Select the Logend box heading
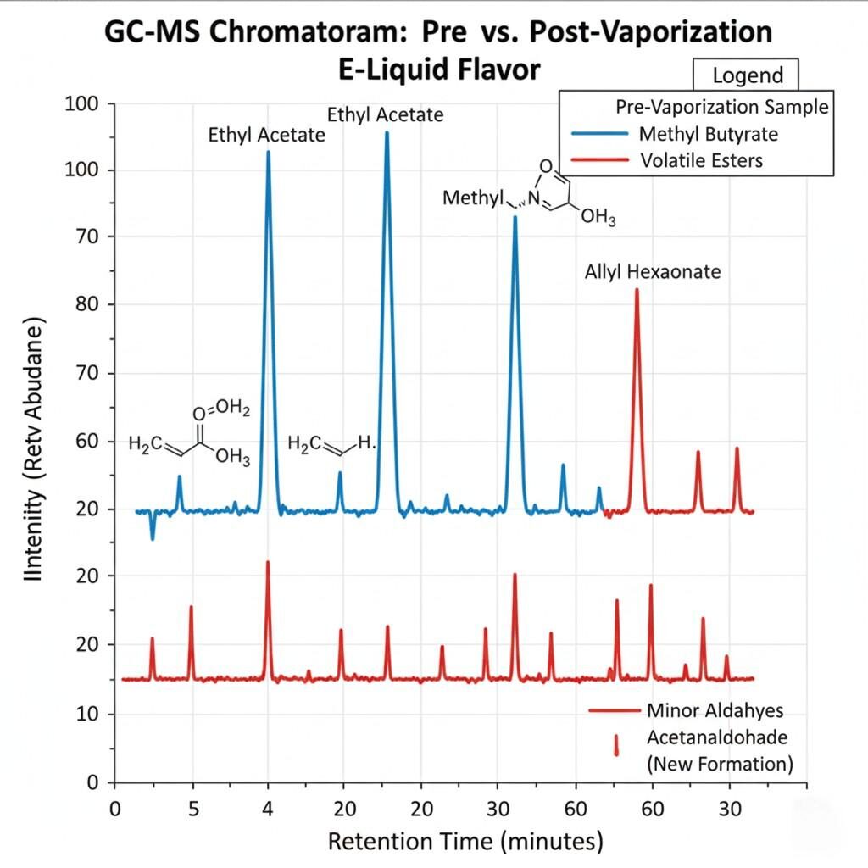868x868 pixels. (x=747, y=75)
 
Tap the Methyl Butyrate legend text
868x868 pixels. (x=709, y=134)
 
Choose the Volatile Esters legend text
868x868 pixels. (x=701, y=160)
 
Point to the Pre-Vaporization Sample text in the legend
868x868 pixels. (x=721, y=108)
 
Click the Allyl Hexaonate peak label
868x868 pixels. (x=653, y=272)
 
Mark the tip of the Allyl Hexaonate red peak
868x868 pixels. (x=637, y=290)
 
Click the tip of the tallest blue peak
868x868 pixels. (x=387, y=132)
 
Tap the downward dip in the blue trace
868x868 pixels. (x=153, y=537)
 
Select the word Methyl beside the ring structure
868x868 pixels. (x=473, y=198)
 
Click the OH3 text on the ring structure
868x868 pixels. (x=598, y=218)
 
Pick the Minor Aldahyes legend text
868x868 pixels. (x=715, y=709)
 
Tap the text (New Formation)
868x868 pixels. (x=720, y=763)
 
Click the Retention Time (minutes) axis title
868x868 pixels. (x=465, y=842)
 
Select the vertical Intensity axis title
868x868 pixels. (x=36, y=448)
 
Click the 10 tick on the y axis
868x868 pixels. (x=82, y=714)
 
